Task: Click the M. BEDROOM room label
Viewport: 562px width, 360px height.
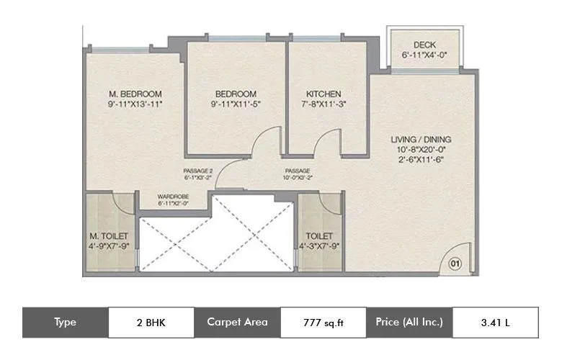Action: click(x=135, y=94)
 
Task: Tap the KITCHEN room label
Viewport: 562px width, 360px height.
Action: click(x=324, y=94)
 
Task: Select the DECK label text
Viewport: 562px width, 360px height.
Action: click(x=424, y=45)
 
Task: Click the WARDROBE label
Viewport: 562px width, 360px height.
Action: click(x=173, y=195)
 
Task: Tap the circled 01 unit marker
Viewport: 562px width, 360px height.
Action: click(x=455, y=264)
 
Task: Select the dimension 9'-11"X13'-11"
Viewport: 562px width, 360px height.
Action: click(x=135, y=104)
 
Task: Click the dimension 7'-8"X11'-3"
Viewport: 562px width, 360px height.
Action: click(x=324, y=104)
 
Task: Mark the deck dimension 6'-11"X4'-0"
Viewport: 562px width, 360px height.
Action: click(x=424, y=55)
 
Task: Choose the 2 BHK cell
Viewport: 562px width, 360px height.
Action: click(x=151, y=323)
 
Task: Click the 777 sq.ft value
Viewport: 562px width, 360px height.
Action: click(x=323, y=323)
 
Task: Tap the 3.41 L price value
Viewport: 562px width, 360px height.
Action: click(x=495, y=323)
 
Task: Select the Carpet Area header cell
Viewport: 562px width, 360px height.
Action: click(x=237, y=323)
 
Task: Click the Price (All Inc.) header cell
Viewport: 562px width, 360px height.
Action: click(x=409, y=323)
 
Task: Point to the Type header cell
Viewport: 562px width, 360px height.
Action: click(x=65, y=323)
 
